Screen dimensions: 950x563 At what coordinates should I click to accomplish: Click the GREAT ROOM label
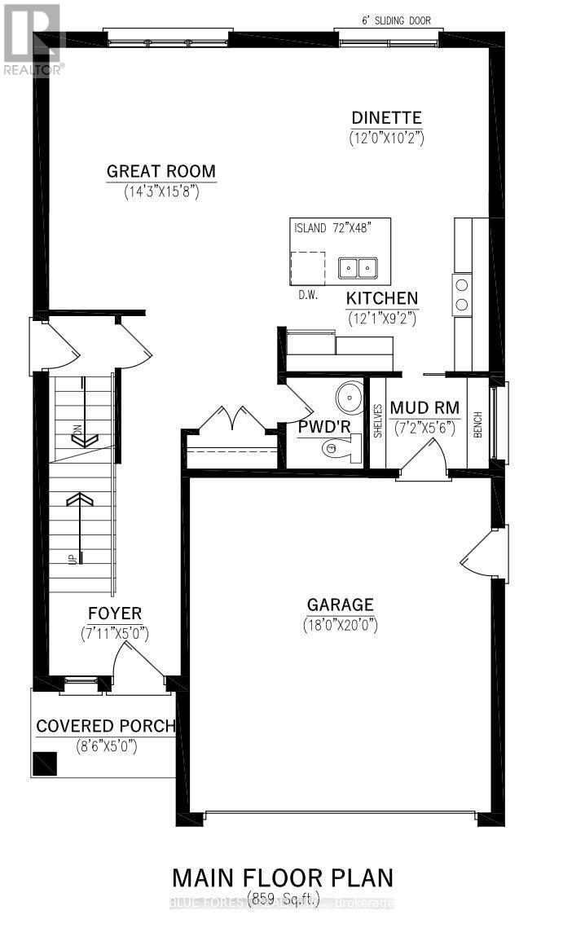[161, 171]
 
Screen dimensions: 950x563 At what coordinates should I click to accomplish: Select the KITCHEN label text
[381, 298]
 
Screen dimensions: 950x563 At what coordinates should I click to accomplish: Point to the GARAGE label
[341, 605]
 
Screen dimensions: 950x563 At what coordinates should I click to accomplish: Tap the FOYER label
[115, 613]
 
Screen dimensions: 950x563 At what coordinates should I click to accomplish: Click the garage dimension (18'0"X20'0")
[341, 625]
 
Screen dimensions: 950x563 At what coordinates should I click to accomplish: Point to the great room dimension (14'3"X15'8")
[161, 192]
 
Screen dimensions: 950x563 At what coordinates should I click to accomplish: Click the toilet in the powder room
[338, 447]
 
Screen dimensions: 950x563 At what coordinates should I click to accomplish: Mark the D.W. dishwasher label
[306, 294]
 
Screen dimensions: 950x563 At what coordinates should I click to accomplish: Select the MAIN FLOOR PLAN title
[282, 877]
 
